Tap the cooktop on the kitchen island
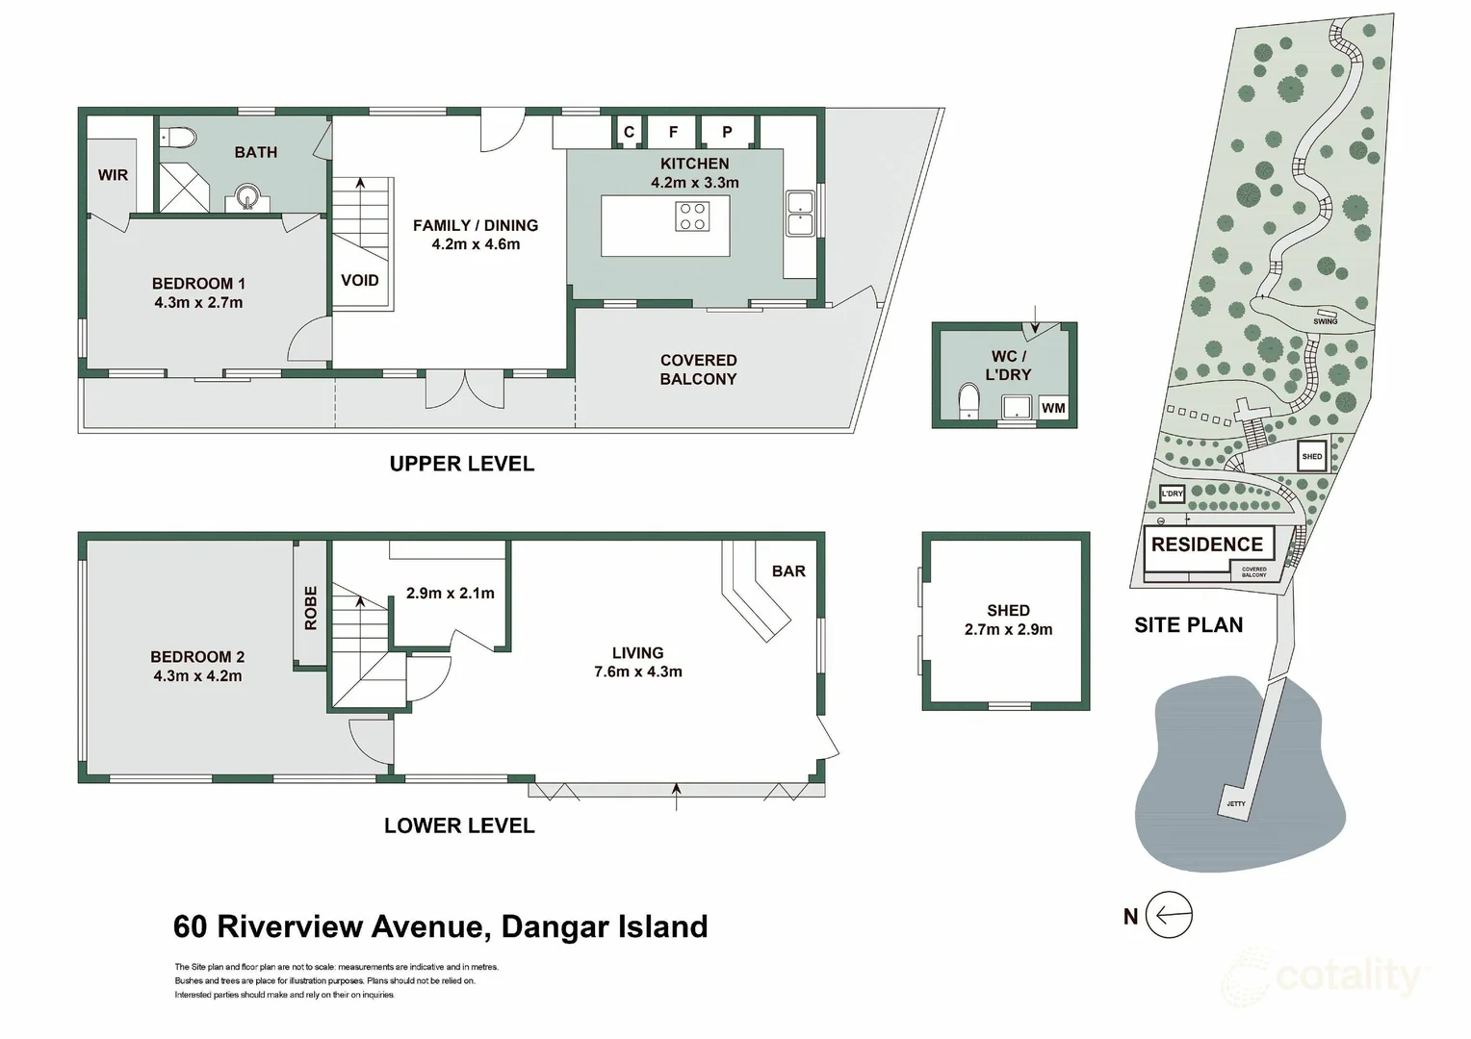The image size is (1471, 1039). [692, 215]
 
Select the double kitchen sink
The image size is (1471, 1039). [801, 214]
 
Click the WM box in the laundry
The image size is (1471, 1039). [1053, 408]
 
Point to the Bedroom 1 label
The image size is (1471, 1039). [198, 284]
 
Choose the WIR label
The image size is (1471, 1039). [113, 175]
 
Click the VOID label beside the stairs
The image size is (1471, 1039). [360, 280]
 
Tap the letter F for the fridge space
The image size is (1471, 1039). [673, 132]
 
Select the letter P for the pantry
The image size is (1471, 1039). [727, 132]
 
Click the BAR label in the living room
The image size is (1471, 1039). [787, 571]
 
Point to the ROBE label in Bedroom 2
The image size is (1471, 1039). [310, 608]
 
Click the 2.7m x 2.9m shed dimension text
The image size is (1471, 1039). [1008, 630]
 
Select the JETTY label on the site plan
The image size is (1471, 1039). [1236, 803]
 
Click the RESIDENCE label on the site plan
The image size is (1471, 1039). [1206, 545]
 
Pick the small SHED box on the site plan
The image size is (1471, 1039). [1312, 456]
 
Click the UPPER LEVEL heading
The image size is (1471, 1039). [461, 464]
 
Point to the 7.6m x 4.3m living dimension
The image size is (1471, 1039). [637, 672]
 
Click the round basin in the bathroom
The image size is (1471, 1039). [247, 200]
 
